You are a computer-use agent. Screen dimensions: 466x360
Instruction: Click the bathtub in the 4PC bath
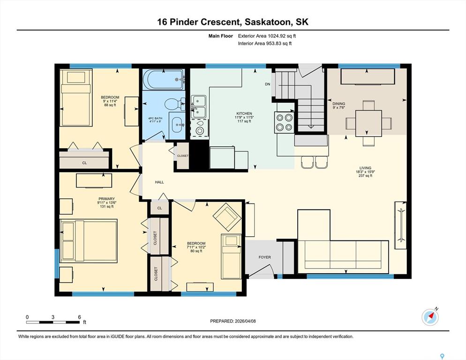tap(164, 79)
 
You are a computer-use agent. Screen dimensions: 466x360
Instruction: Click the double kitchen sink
tap(198, 106)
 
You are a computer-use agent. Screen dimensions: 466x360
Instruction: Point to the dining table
tap(368, 123)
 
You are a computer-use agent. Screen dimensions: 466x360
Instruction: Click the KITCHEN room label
tap(244, 113)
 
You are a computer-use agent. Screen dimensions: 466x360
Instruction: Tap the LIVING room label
tap(365, 168)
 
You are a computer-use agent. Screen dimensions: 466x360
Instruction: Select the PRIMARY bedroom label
tap(107, 199)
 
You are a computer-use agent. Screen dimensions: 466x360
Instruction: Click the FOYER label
tap(264, 257)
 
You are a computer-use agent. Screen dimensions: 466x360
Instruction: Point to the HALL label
tap(159, 182)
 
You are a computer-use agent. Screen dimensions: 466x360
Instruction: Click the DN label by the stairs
tap(268, 84)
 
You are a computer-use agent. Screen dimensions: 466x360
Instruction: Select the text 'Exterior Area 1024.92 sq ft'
tap(267, 36)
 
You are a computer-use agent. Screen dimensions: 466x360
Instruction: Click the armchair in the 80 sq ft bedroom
tap(227, 217)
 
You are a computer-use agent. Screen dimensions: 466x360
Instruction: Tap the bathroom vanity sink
tap(177, 124)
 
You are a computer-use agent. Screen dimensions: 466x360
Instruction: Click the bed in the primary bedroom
tap(89, 241)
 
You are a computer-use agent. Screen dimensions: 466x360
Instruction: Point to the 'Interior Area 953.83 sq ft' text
tap(265, 44)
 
